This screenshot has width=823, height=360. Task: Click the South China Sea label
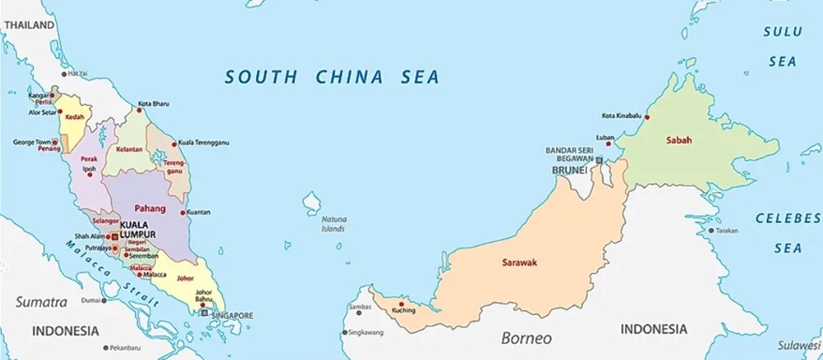(x=333, y=77)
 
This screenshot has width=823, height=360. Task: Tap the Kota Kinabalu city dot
(x=647, y=117)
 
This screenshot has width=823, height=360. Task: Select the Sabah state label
(x=679, y=140)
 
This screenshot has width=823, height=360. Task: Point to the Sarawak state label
(x=519, y=262)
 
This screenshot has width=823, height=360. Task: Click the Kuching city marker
(x=401, y=305)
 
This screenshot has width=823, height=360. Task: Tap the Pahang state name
(x=150, y=207)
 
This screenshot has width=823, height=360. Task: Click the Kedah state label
(x=75, y=117)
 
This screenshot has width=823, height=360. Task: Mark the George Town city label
(x=30, y=142)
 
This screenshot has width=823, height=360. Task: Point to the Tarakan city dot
(x=710, y=230)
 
